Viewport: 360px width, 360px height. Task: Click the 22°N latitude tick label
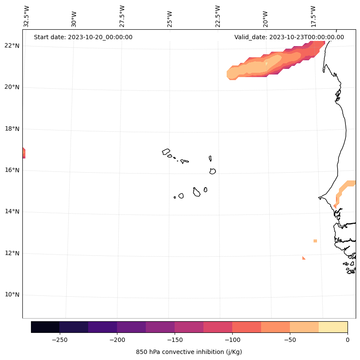[x=11, y=46]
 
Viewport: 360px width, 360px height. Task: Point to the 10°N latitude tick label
[x=11, y=295]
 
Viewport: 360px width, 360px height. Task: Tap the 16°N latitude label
[x=11, y=170]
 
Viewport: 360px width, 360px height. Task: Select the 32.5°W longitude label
[x=27, y=16]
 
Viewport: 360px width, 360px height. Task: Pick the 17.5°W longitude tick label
[x=313, y=16]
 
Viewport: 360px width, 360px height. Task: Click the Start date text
[x=83, y=37]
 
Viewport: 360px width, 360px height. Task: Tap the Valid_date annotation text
[x=289, y=37]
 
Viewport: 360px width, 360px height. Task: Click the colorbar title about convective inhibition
[x=189, y=352]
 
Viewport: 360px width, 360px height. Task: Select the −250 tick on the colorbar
[x=59, y=339]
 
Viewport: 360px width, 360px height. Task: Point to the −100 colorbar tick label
[x=232, y=339]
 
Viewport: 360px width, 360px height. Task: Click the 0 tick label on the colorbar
[x=348, y=339]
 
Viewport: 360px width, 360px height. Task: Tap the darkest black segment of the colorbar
[x=45, y=327]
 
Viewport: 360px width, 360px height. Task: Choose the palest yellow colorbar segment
[x=333, y=327]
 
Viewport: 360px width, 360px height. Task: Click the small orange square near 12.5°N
[x=315, y=241]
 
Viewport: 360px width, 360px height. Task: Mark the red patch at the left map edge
[x=24, y=153]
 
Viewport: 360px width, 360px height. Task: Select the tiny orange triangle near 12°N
[x=304, y=258]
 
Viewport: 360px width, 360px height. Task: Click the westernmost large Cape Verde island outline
[x=166, y=152]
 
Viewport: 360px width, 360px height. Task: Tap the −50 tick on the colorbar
[x=290, y=339]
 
